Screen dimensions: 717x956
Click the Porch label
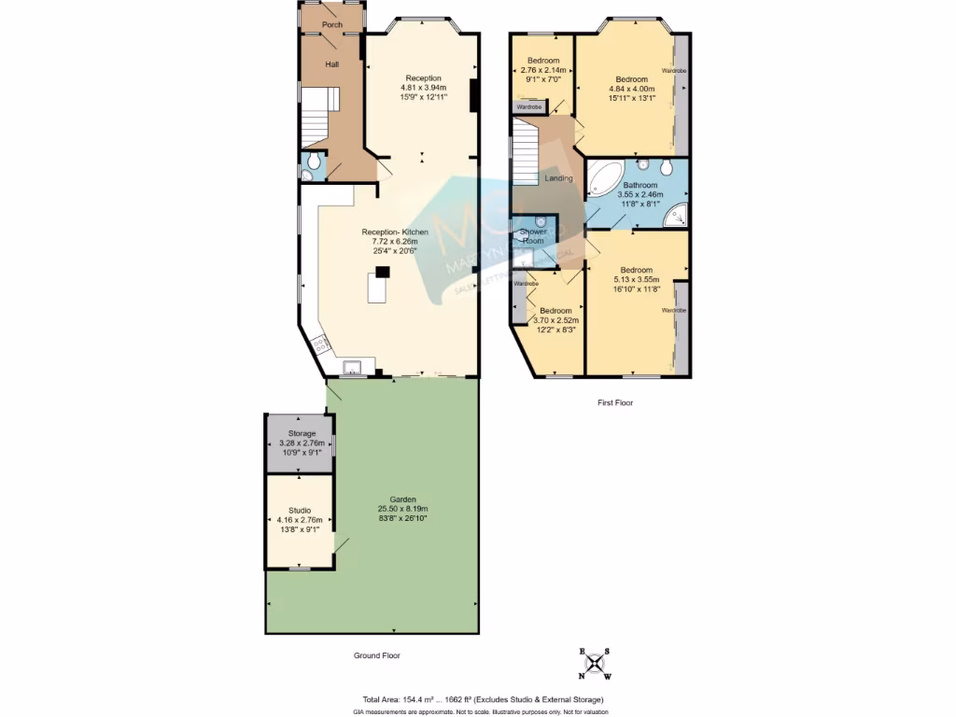(331, 24)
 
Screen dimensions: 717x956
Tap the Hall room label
(331, 64)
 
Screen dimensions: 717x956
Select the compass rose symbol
(595, 663)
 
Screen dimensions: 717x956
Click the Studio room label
(300, 510)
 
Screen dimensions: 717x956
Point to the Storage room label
(302, 434)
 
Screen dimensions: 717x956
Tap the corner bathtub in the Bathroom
(605, 178)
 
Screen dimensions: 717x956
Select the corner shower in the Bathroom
(676, 216)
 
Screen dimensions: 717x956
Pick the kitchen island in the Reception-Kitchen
(378, 290)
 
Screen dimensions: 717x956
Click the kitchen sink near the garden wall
(354, 367)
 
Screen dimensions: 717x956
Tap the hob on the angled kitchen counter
(319, 345)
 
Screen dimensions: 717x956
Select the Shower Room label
(533, 235)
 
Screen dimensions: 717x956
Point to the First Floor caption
(615, 403)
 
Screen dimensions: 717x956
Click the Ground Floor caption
(376, 655)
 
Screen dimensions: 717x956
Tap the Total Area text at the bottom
(483, 699)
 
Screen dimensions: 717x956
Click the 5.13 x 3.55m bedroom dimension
(637, 279)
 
